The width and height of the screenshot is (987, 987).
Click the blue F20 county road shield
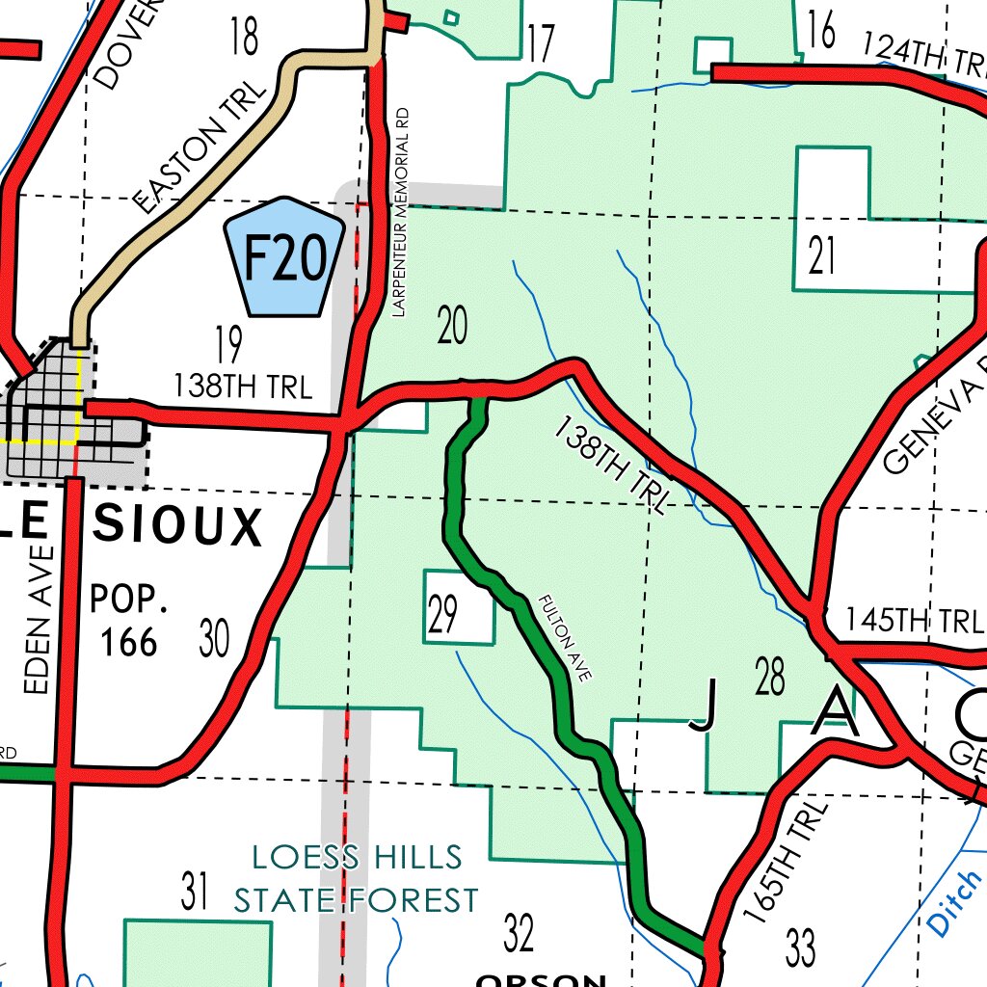coord(283,257)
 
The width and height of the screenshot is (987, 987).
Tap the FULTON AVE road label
coord(565,639)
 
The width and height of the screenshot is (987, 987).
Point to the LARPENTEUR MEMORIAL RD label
coord(402,212)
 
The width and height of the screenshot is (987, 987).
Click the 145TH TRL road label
coord(913,621)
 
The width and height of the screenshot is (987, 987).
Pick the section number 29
coord(442,616)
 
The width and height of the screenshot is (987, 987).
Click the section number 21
coord(822,258)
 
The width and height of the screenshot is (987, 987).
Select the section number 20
coord(452,326)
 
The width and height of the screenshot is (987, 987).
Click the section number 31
coord(195,892)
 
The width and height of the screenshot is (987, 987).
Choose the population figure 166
coord(129,641)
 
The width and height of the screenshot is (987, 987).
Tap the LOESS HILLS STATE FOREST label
coord(357,878)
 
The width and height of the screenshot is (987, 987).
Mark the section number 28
coord(771,678)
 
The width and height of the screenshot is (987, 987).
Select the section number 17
coord(542,43)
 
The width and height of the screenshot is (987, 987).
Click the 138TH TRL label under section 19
coord(243,387)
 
